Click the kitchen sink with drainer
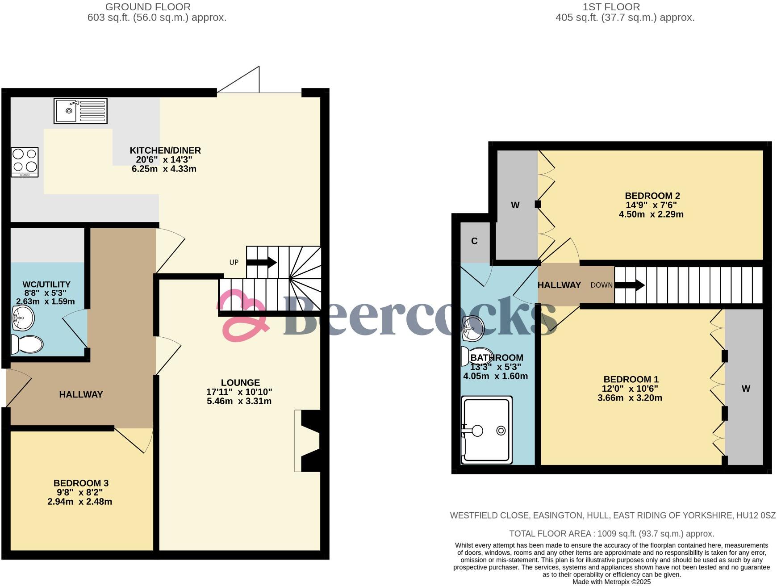point(80,111)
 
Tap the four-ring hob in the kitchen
point(25,162)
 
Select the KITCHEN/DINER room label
point(165,151)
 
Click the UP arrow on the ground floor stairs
point(261,262)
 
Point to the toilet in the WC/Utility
point(27,344)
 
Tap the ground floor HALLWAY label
point(81,394)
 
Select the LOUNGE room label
point(240,383)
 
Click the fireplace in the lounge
point(308,441)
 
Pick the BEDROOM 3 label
point(81,483)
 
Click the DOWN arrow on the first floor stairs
point(629,285)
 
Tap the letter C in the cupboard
point(474,241)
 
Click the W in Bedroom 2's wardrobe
point(515,205)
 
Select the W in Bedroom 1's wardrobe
point(746,389)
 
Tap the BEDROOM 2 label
point(652,196)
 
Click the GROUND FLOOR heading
point(148,7)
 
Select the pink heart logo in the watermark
point(243,315)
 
